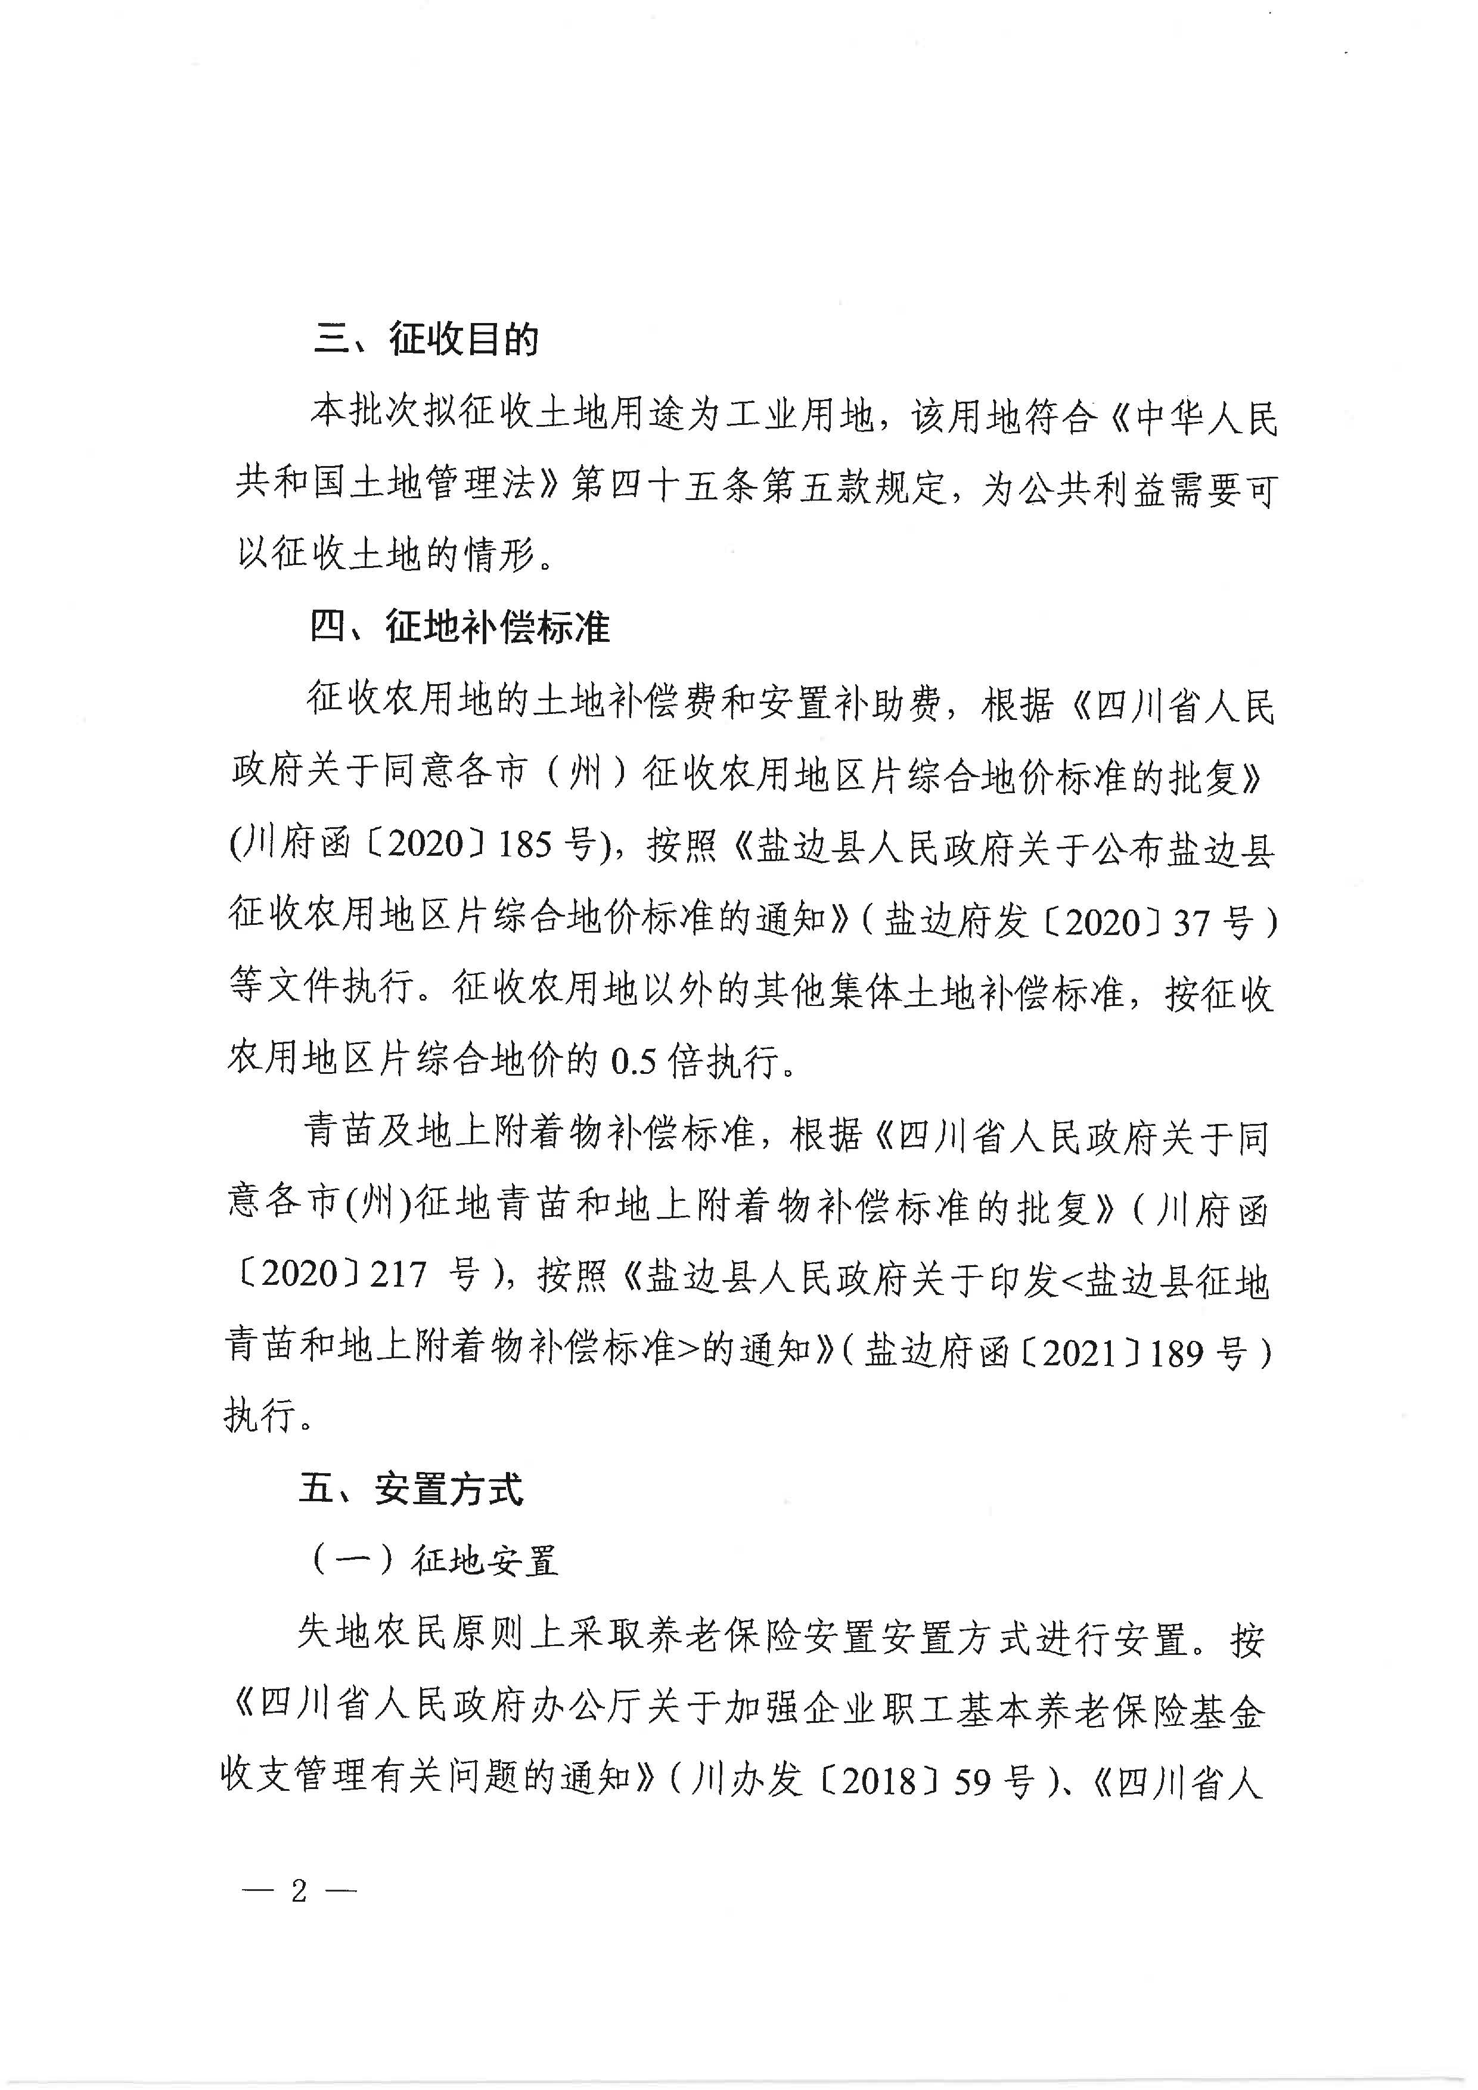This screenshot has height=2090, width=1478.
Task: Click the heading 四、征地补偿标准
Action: click(x=459, y=627)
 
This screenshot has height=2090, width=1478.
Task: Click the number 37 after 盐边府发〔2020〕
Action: click(x=1192, y=923)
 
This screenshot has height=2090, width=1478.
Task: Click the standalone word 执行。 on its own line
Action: click(x=269, y=1415)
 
